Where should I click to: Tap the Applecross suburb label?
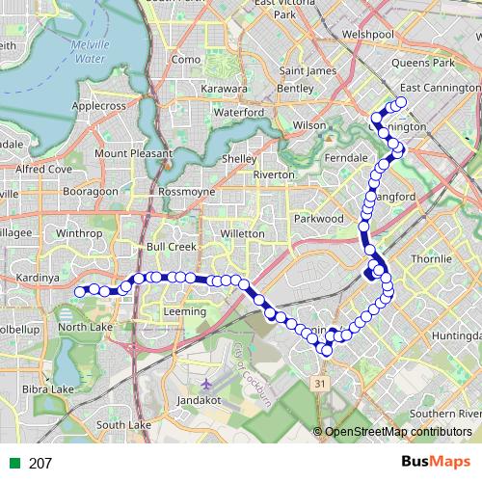(x=99, y=107)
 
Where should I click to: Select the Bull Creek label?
(x=172, y=247)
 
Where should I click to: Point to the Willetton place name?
(x=243, y=233)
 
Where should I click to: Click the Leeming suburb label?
(x=185, y=311)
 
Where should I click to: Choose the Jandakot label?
(x=201, y=398)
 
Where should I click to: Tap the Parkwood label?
(x=318, y=218)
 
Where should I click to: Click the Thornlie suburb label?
(x=431, y=259)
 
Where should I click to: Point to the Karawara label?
(x=225, y=89)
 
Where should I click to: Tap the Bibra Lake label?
(x=49, y=388)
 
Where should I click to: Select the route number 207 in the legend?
(x=40, y=463)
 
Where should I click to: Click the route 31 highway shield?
(x=319, y=384)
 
